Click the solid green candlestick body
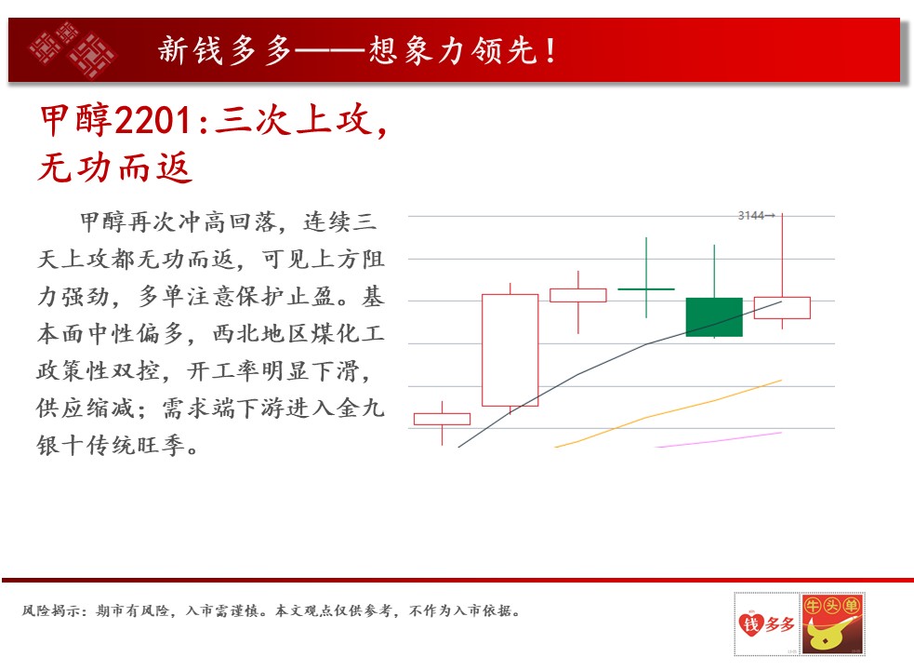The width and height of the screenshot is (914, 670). pos(714,317)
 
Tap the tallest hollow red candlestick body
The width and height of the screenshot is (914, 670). pos(510,350)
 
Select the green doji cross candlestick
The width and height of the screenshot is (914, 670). pos(646,288)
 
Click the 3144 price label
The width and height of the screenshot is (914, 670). pos(750,216)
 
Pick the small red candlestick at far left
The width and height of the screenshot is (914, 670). pos(442,419)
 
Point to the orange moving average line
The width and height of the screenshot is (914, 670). pos(668,413)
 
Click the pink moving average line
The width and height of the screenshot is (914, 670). pos(719,440)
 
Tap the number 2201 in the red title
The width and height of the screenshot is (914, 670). pos(152,121)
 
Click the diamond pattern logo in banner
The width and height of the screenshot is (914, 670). pos(73,50)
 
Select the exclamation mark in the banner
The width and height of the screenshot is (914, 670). pos(550,50)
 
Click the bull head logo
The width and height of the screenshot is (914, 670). pos(832,623)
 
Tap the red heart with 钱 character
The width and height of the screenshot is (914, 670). pos(750,623)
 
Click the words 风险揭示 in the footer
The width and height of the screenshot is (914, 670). pos(51,611)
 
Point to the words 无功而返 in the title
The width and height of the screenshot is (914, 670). pos(115,167)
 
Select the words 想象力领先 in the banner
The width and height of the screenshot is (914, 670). pos(453,50)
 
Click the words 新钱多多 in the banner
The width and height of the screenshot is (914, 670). pos(225,50)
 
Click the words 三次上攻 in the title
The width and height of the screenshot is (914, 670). pos(295,120)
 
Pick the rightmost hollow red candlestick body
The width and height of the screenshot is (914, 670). pos(782,308)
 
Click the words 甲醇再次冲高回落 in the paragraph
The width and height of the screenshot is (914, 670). pos(178,221)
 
